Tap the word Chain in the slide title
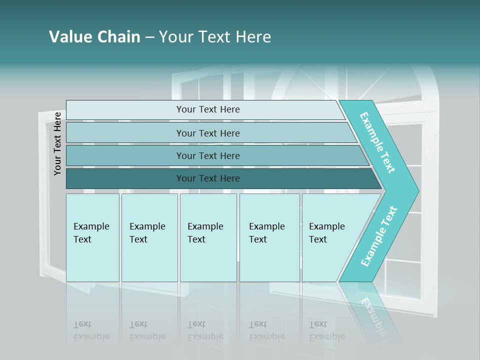[x=119, y=37]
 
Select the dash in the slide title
[x=149, y=37]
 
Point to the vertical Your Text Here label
[x=57, y=143]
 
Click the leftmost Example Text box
[x=92, y=237]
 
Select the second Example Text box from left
[x=149, y=237]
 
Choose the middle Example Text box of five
[x=208, y=237]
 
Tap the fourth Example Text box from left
[x=269, y=237]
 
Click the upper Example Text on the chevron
[x=377, y=142]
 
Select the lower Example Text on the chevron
[x=379, y=236]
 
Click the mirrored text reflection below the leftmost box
[x=91, y=330]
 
